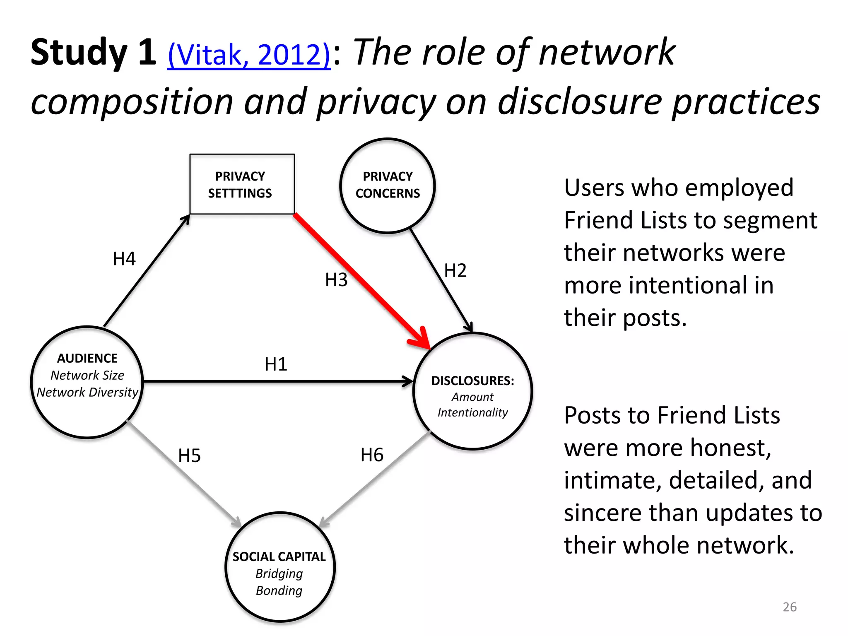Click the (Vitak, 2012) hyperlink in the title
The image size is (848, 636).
point(249,55)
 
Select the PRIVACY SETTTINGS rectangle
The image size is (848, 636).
point(242,184)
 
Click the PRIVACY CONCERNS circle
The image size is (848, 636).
point(388,185)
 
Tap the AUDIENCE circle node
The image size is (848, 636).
point(87,382)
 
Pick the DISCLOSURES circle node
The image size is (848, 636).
point(472,391)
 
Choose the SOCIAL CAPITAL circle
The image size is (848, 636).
point(280,567)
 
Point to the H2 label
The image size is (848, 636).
point(455,271)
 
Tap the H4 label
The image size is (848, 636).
point(124,259)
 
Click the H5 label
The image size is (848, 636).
point(189,456)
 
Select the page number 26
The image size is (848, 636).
point(790,607)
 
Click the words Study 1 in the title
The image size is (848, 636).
point(94,53)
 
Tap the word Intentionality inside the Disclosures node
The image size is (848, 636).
point(472,412)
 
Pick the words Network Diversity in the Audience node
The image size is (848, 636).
point(87,392)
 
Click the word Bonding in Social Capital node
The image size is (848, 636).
point(279,590)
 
